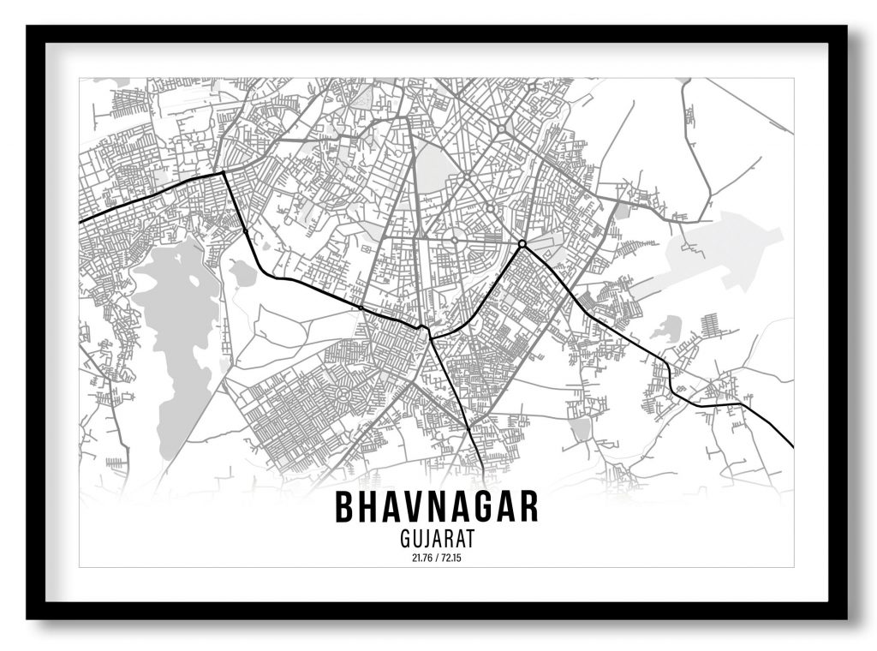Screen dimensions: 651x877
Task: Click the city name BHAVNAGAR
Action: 437,507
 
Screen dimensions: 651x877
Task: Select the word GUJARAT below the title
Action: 437,540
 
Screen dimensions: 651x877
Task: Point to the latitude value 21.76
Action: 421,558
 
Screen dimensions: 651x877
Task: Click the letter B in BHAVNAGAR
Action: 344,507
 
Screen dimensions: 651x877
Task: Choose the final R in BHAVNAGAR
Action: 528,507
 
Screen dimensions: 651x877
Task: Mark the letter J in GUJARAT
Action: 427,540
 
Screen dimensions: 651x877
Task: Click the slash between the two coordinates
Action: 437,558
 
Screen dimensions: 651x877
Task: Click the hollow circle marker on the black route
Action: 522,244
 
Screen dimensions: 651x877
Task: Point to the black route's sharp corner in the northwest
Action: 224,173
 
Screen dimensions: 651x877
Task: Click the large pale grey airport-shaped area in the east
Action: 728,248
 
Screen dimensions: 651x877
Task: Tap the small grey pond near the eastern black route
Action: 666,327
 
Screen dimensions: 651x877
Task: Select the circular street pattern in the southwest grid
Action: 345,395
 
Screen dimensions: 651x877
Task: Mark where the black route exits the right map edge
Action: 791,445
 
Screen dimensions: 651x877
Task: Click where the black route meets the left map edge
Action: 81,223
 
